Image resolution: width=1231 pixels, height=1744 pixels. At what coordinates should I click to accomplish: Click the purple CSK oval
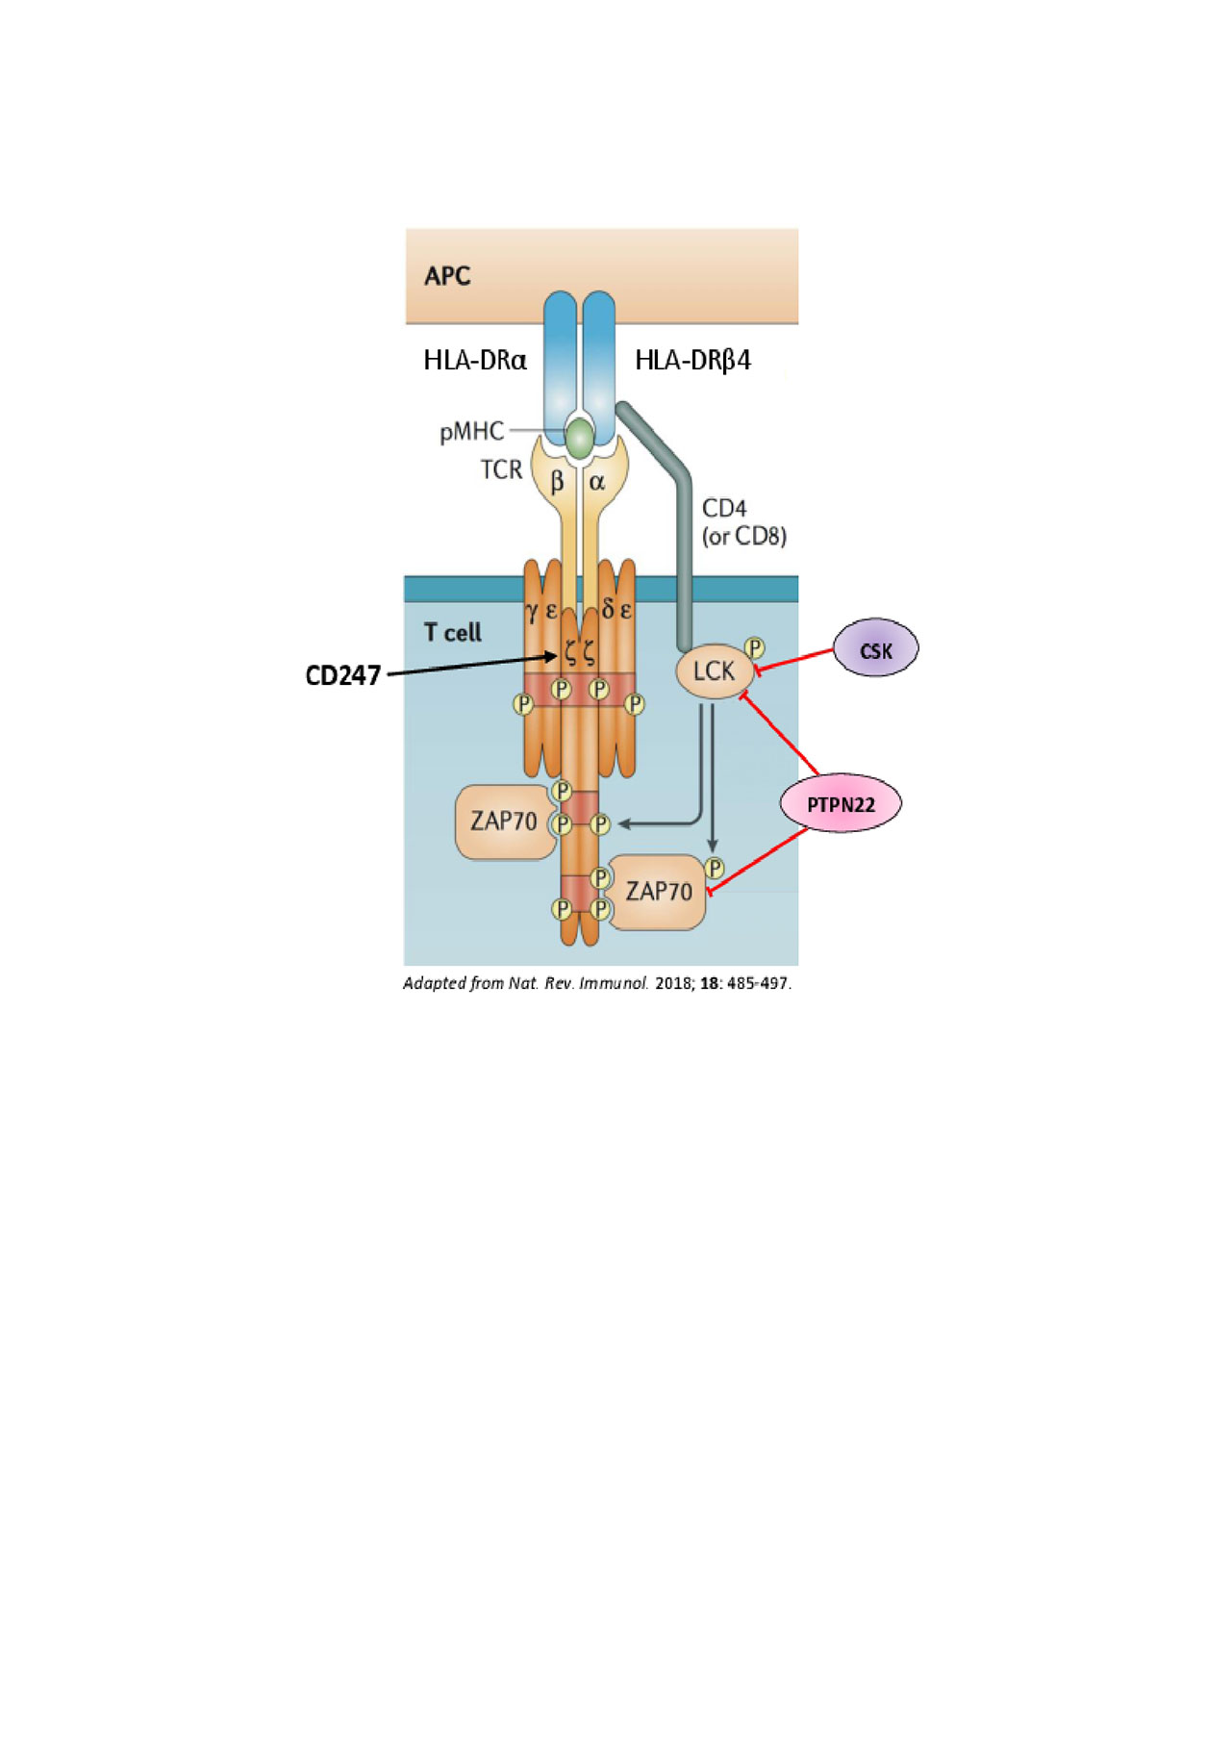click(875, 648)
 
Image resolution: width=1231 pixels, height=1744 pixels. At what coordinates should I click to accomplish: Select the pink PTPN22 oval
click(841, 803)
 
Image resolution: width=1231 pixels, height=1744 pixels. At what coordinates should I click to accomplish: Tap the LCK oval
click(714, 670)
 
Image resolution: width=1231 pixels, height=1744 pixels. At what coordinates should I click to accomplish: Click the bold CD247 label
click(342, 675)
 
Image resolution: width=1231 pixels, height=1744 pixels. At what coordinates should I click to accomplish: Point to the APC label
click(447, 276)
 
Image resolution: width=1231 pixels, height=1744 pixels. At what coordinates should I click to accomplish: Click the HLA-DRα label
click(475, 361)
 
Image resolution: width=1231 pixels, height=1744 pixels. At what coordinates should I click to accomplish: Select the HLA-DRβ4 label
click(692, 361)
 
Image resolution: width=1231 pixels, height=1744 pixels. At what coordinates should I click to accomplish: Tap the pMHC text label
click(471, 432)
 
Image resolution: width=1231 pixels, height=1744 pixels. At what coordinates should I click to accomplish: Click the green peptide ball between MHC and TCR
click(580, 439)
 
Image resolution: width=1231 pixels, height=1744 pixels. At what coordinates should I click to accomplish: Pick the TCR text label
click(501, 469)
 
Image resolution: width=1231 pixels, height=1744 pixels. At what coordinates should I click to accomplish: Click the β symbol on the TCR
click(557, 481)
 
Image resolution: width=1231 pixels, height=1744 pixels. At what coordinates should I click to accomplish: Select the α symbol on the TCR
click(597, 481)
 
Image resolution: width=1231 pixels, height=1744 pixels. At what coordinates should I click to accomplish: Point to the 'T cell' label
click(452, 632)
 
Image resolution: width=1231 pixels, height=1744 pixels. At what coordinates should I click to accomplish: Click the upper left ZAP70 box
click(504, 821)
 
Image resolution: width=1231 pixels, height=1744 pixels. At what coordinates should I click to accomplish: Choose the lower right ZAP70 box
click(659, 892)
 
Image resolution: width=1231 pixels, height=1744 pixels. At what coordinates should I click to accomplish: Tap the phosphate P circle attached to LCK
click(755, 648)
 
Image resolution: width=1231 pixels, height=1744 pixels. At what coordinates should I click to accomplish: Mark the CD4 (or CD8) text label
click(743, 522)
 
